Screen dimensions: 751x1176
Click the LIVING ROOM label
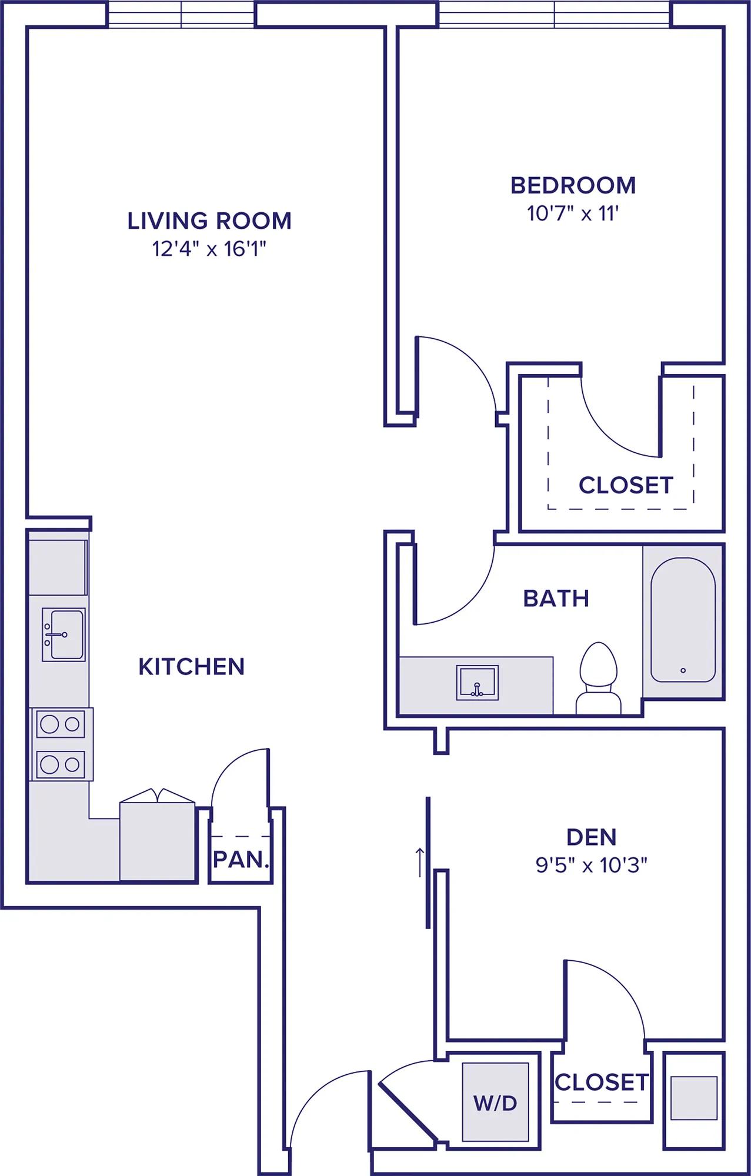click(209, 221)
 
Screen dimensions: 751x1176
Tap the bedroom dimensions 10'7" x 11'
click(573, 213)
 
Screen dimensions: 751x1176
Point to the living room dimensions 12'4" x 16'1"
click(209, 249)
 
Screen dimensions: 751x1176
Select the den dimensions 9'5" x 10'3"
click(591, 865)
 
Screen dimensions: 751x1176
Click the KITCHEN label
click(192, 667)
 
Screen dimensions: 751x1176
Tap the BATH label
click(556, 599)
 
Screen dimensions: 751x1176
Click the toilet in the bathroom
click(599, 678)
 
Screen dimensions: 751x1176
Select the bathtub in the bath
click(683, 620)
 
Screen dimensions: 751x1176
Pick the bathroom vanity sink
click(478, 683)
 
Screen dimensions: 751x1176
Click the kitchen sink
click(64, 634)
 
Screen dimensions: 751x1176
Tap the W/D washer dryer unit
click(495, 1101)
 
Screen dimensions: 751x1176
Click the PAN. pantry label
click(241, 860)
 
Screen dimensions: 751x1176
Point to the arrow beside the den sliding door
click(420, 862)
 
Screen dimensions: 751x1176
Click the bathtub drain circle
click(683, 670)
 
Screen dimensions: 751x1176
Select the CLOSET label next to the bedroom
click(626, 485)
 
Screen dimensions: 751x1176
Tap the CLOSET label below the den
click(602, 1082)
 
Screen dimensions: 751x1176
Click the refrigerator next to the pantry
click(158, 835)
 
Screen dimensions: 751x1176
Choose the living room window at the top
click(182, 14)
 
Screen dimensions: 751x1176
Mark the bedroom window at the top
click(555, 14)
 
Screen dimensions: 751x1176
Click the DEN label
click(591, 837)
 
